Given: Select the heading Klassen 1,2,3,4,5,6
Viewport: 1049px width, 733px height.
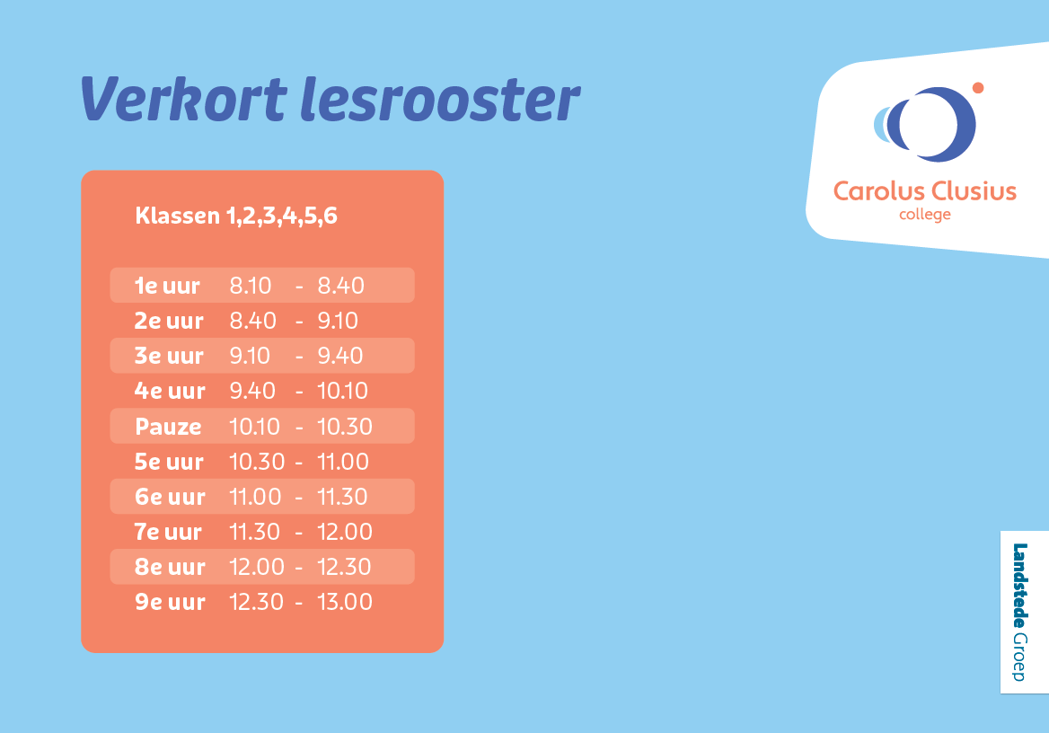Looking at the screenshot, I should (x=236, y=216).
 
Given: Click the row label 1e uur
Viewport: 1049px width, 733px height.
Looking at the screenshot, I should (x=168, y=286).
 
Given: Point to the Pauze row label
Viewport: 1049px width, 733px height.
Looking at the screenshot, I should (x=169, y=427).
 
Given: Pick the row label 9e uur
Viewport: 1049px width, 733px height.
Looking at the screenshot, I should (x=171, y=602).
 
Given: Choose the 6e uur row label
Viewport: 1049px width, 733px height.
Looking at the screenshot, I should (x=171, y=497).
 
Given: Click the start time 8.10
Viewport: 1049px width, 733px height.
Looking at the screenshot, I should (x=251, y=286).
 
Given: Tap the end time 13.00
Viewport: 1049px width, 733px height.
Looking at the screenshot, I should (x=345, y=602).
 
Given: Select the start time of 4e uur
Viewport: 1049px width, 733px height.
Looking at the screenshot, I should (x=252, y=392).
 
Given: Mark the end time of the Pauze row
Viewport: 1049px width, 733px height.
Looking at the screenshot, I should (x=345, y=427).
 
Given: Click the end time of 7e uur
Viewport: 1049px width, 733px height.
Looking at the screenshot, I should (x=345, y=532).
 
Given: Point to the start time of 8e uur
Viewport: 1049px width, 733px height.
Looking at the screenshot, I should (x=257, y=567).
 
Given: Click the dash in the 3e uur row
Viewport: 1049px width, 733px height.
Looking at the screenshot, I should (x=299, y=358).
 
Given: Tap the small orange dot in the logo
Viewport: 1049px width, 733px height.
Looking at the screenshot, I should (x=978, y=88).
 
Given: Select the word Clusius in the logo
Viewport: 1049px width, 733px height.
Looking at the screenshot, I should (x=974, y=191).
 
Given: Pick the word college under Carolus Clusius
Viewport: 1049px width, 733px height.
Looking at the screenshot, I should (x=924, y=215).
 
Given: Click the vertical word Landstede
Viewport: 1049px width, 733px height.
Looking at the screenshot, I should (x=1019, y=586).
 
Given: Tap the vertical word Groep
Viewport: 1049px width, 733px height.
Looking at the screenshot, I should (x=1019, y=658).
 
